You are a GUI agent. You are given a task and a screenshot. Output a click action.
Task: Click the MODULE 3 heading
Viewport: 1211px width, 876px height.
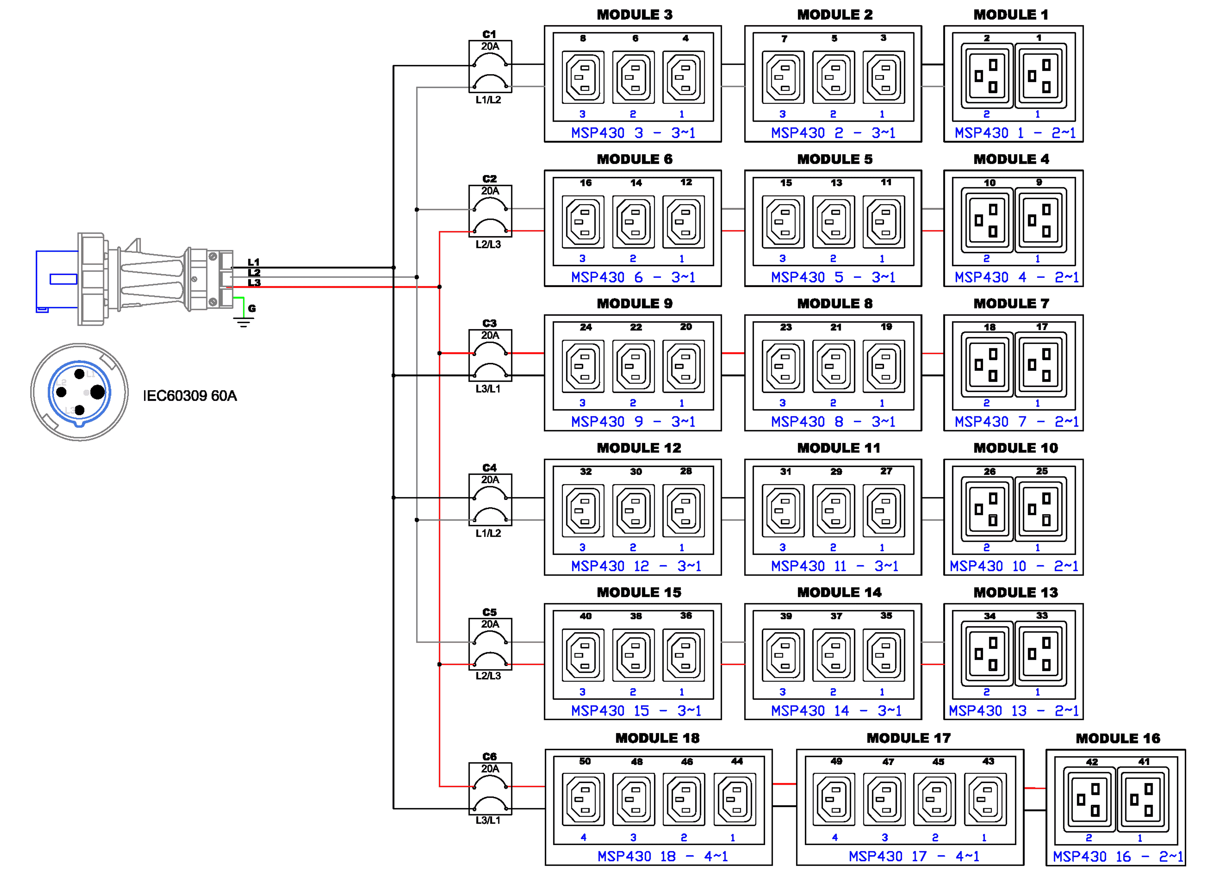(634, 15)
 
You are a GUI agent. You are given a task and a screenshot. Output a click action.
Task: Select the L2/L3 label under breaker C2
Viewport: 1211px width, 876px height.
(488, 244)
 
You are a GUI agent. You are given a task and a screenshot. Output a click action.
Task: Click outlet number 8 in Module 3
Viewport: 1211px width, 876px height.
(583, 77)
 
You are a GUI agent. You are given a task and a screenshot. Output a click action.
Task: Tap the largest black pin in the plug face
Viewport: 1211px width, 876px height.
(98, 392)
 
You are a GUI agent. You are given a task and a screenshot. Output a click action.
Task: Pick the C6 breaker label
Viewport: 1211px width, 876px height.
(489, 756)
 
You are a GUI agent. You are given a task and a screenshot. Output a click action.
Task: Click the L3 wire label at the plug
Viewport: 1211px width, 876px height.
(254, 283)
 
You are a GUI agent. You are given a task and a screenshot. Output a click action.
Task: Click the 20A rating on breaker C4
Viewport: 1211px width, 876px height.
(490, 480)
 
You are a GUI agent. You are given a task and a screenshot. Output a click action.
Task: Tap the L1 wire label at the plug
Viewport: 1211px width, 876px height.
(254, 262)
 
